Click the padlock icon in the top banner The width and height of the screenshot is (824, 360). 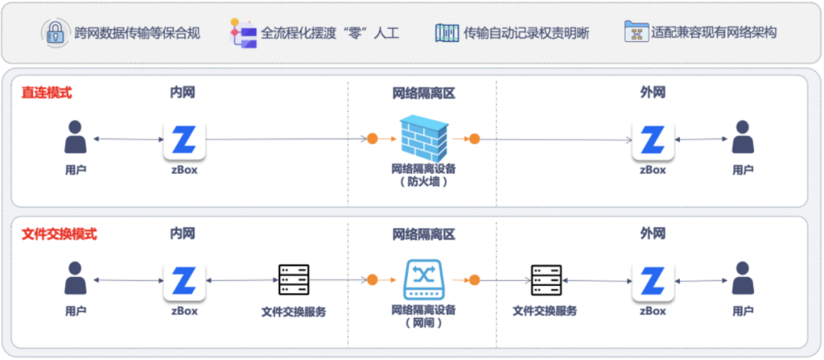tap(55, 33)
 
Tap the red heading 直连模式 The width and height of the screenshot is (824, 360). tap(47, 93)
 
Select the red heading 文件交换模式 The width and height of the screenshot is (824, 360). tap(59, 234)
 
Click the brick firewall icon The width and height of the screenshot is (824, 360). tap(423, 137)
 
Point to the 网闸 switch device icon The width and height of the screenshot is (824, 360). tap(423, 279)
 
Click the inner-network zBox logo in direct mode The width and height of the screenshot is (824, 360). tap(184, 140)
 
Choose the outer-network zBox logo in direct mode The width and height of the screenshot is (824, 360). tap(653, 140)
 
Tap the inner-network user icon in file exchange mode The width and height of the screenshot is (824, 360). tap(75, 279)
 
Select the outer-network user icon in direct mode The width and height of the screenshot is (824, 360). tap(742, 138)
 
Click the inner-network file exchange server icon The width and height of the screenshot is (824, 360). tap(294, 280)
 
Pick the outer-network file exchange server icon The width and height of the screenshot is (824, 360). tap(546, 280)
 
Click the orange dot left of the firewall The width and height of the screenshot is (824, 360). tap(372, 139)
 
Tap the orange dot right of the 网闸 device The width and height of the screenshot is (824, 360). tap(474, 280)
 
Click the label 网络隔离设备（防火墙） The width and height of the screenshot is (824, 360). tap(423, 175)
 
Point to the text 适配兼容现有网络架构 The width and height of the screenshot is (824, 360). tap(714, 33)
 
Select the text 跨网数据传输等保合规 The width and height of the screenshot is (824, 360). tap(137, 33)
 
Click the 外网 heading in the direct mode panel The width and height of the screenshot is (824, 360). tap(652, 93)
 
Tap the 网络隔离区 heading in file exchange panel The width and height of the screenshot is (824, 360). tap(423, 235)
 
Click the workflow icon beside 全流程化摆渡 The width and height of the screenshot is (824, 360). tap(243, 33)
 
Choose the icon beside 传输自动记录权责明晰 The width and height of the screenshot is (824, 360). tap(446, 33)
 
